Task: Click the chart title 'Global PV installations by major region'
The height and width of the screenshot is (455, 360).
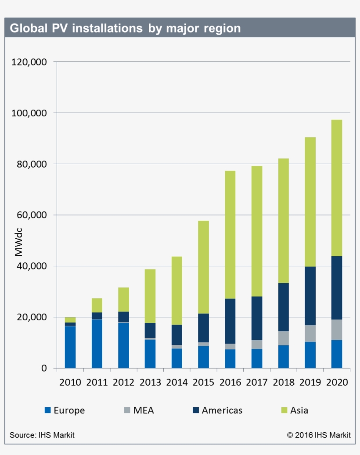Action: coord(125,29)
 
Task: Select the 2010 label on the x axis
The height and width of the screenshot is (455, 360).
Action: coord(70,382)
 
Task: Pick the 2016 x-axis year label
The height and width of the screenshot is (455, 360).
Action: coord(230,382)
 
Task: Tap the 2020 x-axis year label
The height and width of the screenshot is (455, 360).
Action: coord(337,382)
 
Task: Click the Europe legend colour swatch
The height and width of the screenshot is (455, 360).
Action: coord(48,411)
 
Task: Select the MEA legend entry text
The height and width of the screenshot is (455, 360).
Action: coord(144,411)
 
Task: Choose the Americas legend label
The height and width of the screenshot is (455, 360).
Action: coord(222,411)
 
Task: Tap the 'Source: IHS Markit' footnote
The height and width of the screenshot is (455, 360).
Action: coord(42,435)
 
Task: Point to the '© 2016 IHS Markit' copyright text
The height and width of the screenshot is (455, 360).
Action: coord(319,435)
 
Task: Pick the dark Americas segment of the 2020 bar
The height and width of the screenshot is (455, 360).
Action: coord(337,288)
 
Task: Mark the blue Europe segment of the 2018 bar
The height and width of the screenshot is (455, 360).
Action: coord(283,357)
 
